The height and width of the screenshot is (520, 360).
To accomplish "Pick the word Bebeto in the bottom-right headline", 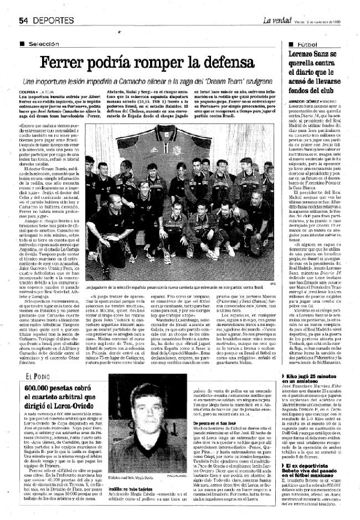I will click(299, 473).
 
